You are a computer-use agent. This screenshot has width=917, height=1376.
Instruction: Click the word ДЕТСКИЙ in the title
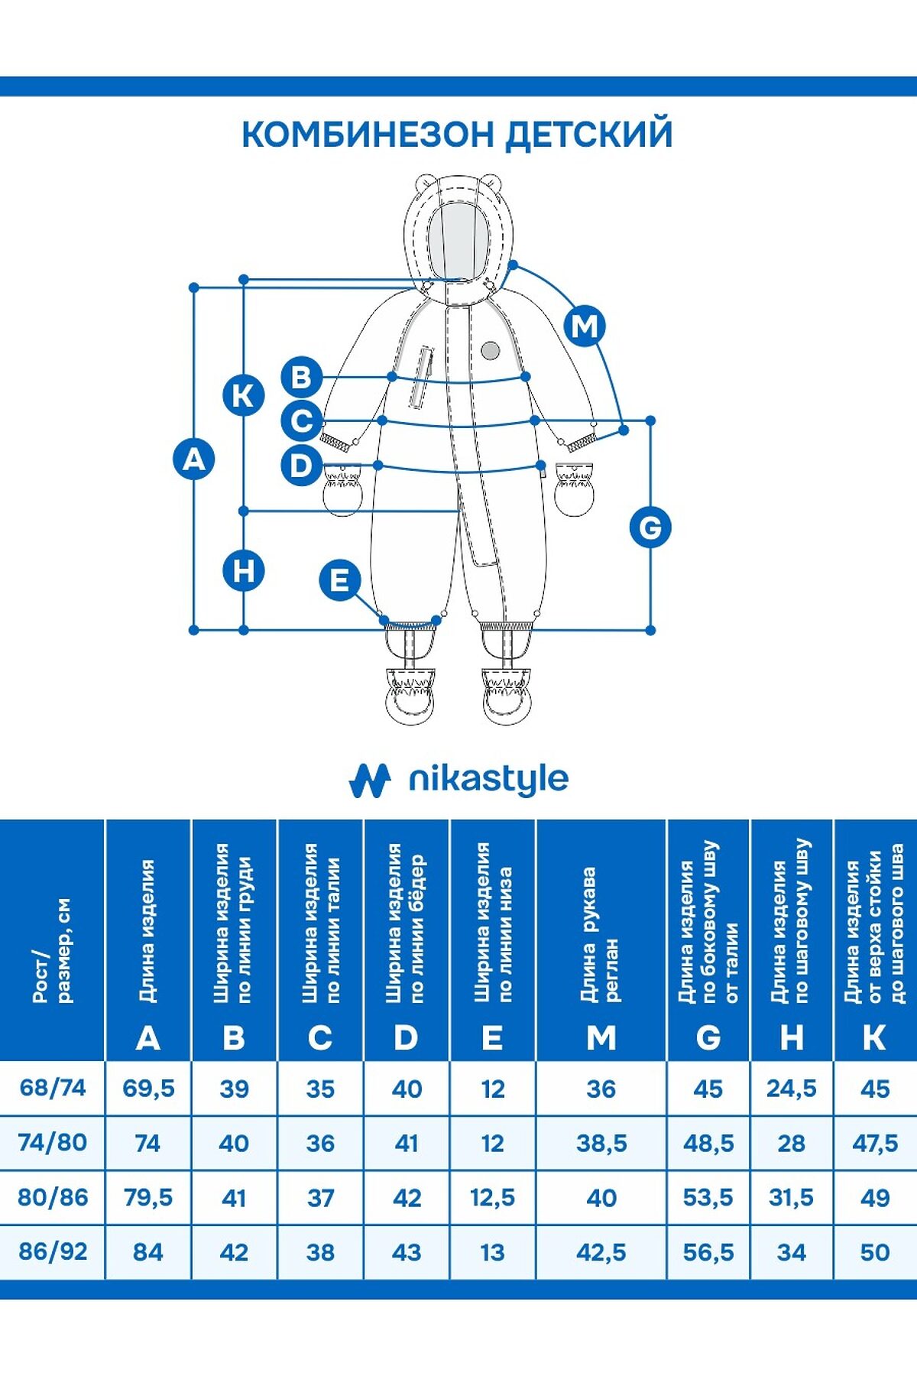(x=589, y=134)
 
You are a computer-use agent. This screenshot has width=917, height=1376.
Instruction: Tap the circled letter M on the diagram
(x=585, y=326)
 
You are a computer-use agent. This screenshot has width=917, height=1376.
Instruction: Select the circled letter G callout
(x=650, y=527)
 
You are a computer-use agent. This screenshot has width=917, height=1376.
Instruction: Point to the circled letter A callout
(x=194, y=459)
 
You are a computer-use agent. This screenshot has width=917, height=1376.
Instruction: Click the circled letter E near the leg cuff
(x=339, y=579)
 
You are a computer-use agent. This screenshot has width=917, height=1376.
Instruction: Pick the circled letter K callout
(x=243, y=395)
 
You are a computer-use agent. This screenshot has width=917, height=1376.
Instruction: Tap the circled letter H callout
(x=243, y=571)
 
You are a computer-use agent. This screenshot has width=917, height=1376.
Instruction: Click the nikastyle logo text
(x=488, y=780)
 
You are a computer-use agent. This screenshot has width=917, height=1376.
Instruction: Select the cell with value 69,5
(x=148, y=1088)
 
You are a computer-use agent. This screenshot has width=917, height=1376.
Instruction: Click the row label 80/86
(x=53, y=1197)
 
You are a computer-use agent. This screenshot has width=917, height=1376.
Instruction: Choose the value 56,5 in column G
(x=708, y=1252)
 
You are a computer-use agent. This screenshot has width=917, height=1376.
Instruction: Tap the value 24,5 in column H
(x=792, y=1088)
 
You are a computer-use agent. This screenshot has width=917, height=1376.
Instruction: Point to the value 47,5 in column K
(x=875, y=1143)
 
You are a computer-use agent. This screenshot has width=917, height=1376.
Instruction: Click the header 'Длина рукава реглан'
(x=600, y=934)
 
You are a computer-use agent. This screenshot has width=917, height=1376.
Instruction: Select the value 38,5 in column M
(x=601, y=1143)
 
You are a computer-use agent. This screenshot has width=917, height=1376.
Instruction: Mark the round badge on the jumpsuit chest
(x=491, y=350)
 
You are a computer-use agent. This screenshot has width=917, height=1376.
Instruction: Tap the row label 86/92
(x=53, y=1251)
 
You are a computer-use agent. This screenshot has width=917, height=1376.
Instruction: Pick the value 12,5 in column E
(x=493, y=1197)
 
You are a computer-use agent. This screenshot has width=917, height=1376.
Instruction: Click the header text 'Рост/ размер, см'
(x=52, y=950)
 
